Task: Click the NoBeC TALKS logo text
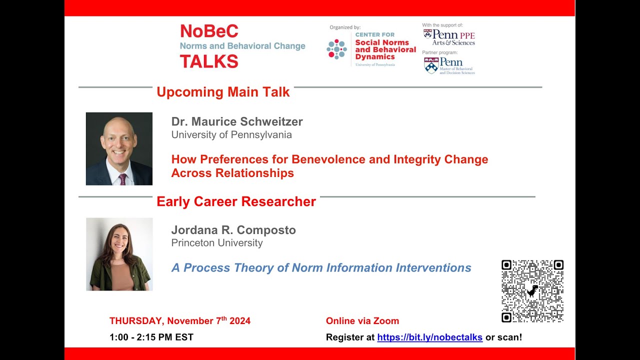point(209,46)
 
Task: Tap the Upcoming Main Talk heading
point(223,92)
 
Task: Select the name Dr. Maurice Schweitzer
point(237,121)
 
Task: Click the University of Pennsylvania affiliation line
point(231,135)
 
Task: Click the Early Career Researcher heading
point(236,201)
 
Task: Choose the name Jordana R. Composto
point(233,230)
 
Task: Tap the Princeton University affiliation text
point(216,243)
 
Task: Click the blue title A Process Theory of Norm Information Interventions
point(321,268)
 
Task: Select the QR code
point(532,291)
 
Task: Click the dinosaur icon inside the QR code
point(532,291)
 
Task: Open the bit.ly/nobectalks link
point(429,337)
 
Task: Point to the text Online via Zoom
point(362,321)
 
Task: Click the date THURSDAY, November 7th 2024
point(180,321)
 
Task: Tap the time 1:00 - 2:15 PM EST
point(151,337)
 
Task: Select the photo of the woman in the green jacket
point(119,254)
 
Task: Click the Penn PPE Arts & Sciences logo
point(448,37)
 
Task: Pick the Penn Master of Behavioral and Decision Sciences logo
point(448,65)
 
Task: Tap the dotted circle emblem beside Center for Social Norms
point(336,49)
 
